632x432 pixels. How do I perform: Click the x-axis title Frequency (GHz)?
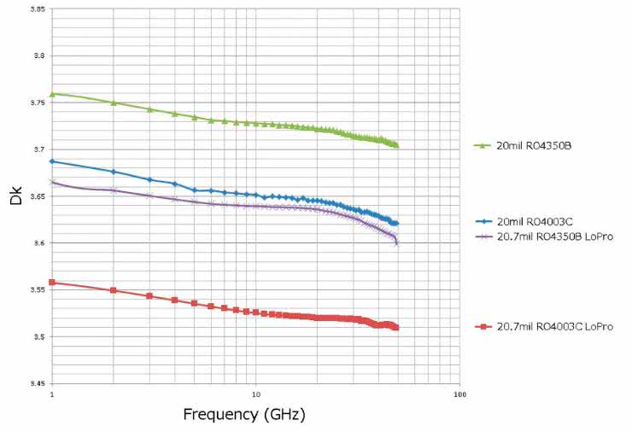[243, 415]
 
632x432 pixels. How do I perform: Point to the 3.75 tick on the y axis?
[37, 102]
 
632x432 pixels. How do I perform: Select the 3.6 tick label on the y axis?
[38, 243]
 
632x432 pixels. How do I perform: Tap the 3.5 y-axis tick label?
[38, 336]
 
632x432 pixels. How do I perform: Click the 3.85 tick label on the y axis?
[37, 9]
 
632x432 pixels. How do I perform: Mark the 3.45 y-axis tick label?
[37, 383]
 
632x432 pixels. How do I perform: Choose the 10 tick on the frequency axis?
[255, 395]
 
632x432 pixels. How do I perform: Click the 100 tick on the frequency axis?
[459, 395]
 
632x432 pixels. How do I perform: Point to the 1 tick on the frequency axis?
[52, 395]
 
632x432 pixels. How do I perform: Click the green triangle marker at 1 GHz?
[52, 94]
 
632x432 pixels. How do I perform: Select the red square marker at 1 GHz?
[52, 283]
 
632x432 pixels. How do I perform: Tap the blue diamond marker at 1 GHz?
[52, 161]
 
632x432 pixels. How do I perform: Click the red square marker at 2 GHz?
[114, 290]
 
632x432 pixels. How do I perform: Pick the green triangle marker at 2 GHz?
[114, 102]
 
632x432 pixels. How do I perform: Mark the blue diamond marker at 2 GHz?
[114, 172]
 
